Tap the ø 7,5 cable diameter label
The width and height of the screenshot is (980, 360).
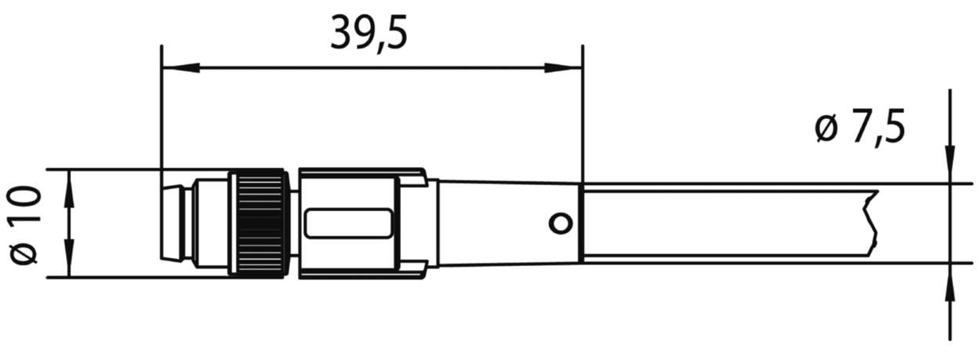[860, 129]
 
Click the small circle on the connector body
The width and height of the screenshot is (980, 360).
[559, 224]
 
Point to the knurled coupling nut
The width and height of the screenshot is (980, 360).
[259, 223]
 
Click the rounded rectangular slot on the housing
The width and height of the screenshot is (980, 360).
[349, 224]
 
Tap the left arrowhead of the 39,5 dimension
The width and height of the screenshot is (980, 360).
[177, 69]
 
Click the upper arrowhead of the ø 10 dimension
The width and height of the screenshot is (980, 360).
[70, 185]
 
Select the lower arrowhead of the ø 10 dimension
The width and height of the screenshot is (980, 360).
[70, 262]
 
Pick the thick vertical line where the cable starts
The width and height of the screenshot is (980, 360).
[580, 223]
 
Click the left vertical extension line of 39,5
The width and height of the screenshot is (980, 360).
[161, 110]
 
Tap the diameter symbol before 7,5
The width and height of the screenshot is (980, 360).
[826, 129]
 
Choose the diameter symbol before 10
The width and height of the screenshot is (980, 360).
[26, 253]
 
